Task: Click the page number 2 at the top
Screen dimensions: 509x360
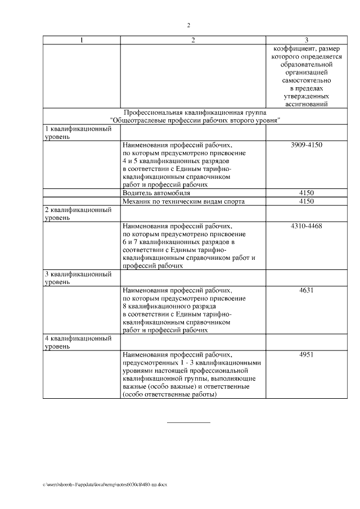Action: pyautogui.click(x=188, y=25)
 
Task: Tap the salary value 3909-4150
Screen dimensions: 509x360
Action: pyautogui.click(x=306, y=145)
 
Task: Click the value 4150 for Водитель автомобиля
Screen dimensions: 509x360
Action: pyautogui.click(x=306, y=193)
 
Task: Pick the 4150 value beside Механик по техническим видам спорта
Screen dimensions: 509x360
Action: pyautogui.click(x=306, y=201)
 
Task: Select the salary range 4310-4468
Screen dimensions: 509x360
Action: pyautogui.click(x=306, y=226)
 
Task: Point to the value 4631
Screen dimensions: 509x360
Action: pyautogui.click(x=306, y=291)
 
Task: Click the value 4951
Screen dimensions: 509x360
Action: pyautogui.click(x=306, y=355)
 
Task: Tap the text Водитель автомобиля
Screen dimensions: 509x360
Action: pyautogui.click(x=152, y=193)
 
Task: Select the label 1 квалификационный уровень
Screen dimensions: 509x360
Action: pyautogui.click(x=77, y=133)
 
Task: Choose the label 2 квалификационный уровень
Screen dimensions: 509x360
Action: pyautogui.click(x=77, y=214)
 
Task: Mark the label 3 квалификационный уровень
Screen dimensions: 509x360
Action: pyautogui.click(x=77, y=278)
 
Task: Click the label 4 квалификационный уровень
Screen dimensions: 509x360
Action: pyautogui.click(x=77, y=343)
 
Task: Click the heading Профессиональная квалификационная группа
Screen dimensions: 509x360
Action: pyautogui.click(x=195, y=112)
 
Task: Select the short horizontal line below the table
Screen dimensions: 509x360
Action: pyautogui.click(x=188, y=422)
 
